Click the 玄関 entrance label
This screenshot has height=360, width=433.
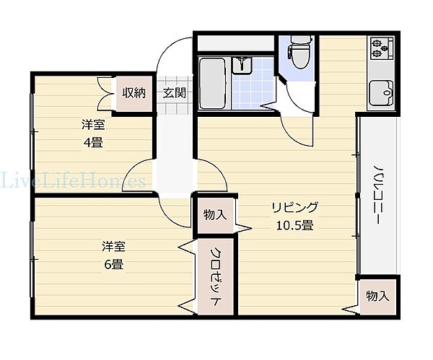(x=174, y=92)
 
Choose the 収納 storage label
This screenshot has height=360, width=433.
(x=134, y=92)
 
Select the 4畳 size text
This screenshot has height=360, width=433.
(x=92, y=141)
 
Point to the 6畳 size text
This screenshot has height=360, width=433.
(x=113, y=264)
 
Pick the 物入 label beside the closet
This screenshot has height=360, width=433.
(x=215, y=214)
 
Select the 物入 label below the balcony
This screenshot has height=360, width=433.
(x=377, y=296)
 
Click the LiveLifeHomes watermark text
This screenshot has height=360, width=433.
(x=72, y=180)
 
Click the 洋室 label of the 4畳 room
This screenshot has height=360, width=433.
(x=92, y=125)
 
